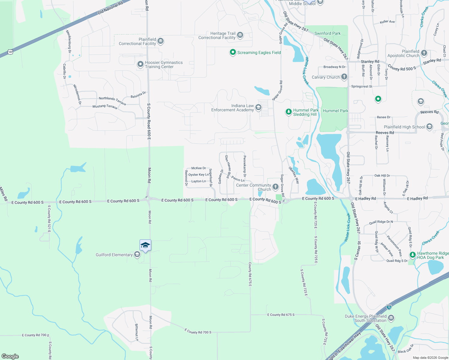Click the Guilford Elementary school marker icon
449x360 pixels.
coord(137,255)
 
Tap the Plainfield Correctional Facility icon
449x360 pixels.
coord(161,41)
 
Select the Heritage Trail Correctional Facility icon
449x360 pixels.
coord(240,35)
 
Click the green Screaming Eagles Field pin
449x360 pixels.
coord(233,52)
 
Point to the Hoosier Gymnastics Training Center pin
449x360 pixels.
coord(140,64)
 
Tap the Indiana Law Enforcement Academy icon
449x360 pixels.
coord(258,108)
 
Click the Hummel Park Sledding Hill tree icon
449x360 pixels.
coord(288,112)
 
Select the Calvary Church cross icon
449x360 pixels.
coord(344,77)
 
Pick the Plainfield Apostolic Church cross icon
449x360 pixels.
coord(424,53)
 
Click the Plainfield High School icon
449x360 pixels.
coord(429,127)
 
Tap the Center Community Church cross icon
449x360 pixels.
coord(276,187)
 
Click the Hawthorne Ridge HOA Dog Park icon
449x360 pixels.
coord(413,255)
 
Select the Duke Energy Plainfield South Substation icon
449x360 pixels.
coord(391,318)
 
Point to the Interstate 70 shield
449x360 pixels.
coord(389,307)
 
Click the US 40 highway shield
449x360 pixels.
coord(11,52)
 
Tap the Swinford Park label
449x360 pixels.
coord(327,33)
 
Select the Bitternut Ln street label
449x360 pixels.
coord(137,332)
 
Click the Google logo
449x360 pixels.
coord(10,356)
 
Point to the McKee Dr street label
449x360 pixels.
coord(199,168)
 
